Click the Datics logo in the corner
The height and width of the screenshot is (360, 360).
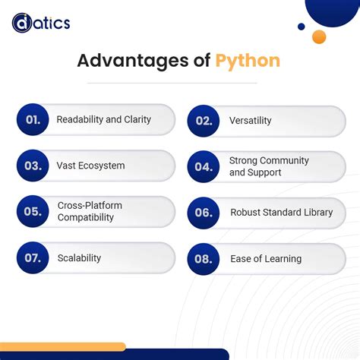pos(41,23)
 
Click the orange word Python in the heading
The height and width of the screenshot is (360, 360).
pos(249,61)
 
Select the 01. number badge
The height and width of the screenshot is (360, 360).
pos(32,120)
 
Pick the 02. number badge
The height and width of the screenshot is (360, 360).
pos(203,121)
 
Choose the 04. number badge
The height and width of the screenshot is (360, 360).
pos(203,167)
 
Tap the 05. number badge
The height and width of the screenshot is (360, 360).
pos(32,212)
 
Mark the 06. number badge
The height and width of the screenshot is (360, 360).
pos(203,213)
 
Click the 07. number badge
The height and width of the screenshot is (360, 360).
pos(32,258)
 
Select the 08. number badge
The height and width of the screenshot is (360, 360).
pos(203,259)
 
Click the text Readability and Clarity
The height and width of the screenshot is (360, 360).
pos(103,119)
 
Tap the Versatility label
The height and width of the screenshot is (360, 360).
pos(250,121)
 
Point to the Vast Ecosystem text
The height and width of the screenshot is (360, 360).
pos(90,166)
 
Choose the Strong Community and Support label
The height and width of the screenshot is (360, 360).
pos(269,166)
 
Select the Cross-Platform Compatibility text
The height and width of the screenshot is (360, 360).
pos(90,211)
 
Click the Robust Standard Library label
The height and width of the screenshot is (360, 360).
pos(281,213)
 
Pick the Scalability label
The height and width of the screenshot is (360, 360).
pos(79,258)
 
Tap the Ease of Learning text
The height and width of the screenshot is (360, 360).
pos(266,259)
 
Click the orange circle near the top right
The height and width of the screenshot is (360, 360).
pos(319,36)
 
